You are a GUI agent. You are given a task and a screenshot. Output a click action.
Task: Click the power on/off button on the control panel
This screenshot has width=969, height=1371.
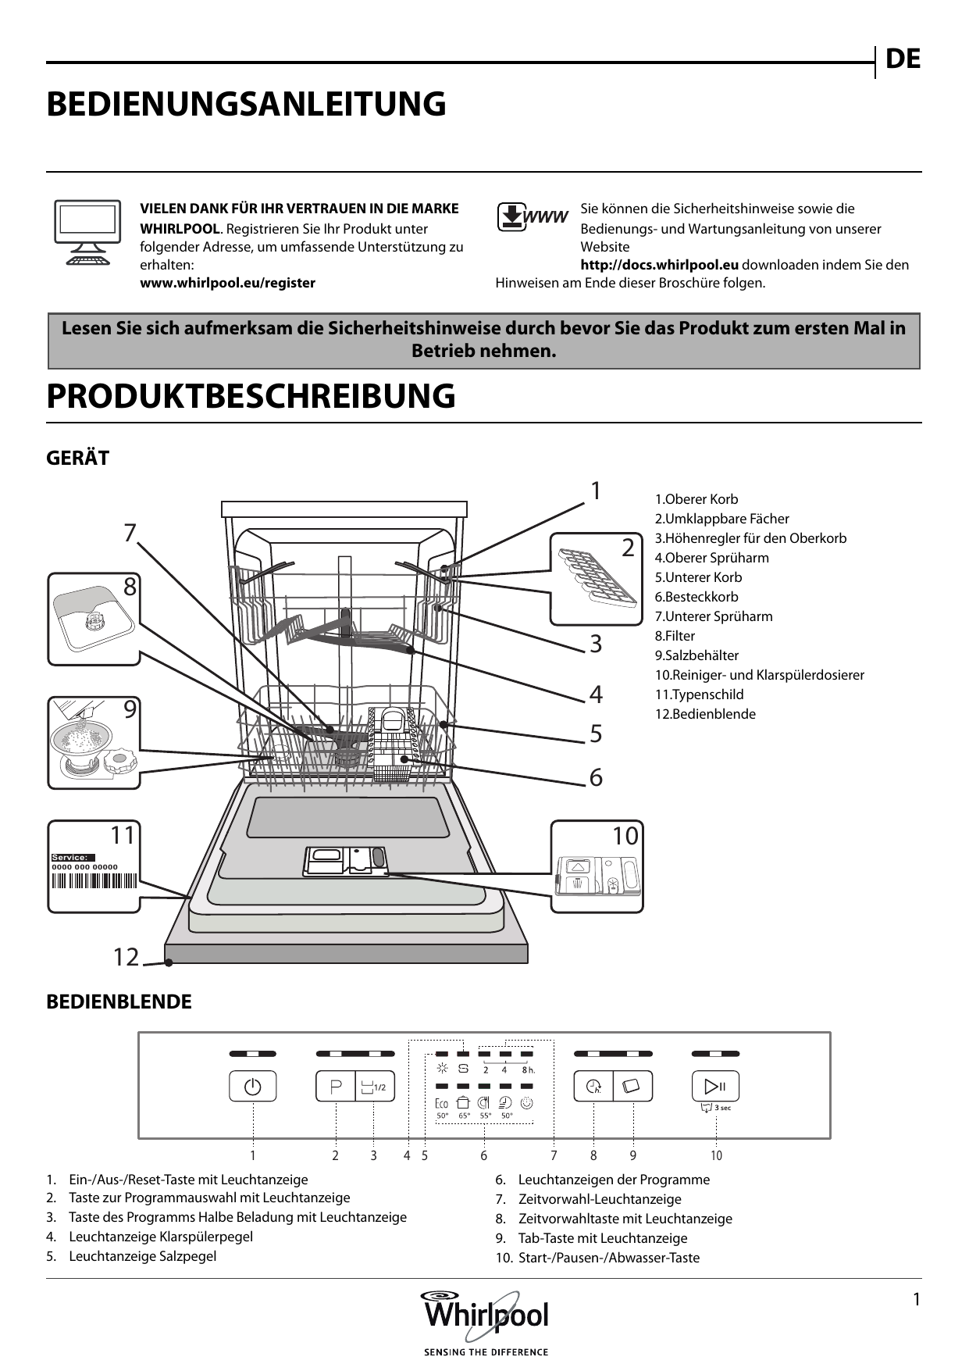pyautogui.click(x=252, y=1087)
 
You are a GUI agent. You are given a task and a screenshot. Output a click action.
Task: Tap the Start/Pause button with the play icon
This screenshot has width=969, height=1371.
pyautogui.click(x=715, y=1086)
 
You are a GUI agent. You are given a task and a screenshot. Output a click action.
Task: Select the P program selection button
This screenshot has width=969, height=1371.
pyautogui.click(x=336, y=1087)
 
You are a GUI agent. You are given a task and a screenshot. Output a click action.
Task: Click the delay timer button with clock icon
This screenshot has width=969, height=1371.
pyautogui.click(x=593, y=1086)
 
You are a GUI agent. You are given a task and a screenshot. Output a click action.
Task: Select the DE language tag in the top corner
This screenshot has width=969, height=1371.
pyautogui.click(x=903, y=59)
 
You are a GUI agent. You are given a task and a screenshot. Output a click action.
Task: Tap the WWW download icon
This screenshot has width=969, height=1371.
pyautogui.click(x=532, y=217)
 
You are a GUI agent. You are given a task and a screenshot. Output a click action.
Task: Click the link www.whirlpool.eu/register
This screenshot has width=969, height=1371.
pyautogui.click(x=227, y=283)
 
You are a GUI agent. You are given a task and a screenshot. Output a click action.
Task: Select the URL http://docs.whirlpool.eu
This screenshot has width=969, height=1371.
pyautogui.click(x=659, y=265)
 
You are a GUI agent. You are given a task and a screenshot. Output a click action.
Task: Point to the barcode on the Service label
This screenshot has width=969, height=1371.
pyautogui.click(x=94, y=881)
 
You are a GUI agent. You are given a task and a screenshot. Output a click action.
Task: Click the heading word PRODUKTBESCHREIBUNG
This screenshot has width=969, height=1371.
pyautogui.click(x=251, y=396)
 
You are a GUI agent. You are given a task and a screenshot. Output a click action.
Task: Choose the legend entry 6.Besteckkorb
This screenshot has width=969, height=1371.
pyautogui.click(x=696, y=597)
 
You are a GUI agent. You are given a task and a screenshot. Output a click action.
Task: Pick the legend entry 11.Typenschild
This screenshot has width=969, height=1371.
pyautogui.click(x=699, y=694)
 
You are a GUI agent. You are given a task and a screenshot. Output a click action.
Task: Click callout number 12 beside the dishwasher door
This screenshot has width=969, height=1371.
pyautogui.click(x=126, y=957)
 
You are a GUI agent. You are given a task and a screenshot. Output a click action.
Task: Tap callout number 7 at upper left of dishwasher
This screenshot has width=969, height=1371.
pyautogui.click(x=130, y=533)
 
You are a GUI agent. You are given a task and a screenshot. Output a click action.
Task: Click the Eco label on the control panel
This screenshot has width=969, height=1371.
pyautogui.click(x=441, y=1103)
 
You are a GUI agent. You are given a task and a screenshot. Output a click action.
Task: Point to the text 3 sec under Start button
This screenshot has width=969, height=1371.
pyautogui.click(x=722, y=1108)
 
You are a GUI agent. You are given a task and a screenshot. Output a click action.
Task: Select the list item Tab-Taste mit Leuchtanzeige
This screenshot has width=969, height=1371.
pyautogui.click(x=602, y=1238)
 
